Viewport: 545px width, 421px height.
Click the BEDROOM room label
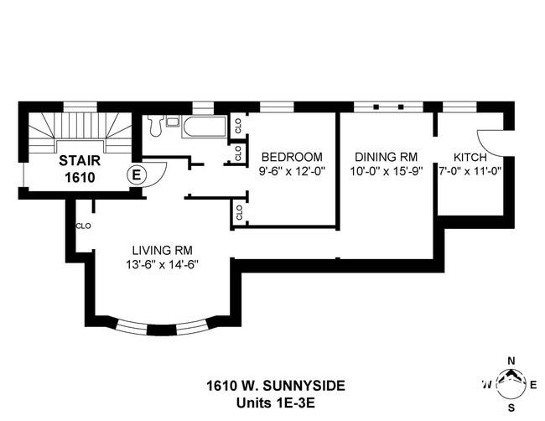(292, 157)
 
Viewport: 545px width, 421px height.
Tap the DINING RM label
(386, 157)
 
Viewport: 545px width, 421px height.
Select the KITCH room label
(470, 157)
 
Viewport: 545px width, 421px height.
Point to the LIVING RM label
(163, 250)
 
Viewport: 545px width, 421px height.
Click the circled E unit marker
(134, 174)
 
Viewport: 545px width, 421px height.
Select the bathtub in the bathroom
(205, 128)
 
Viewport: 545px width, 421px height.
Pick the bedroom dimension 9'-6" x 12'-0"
(292, 170)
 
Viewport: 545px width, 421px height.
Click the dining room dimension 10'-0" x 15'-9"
(386, 170)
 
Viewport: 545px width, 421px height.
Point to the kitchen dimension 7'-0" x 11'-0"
(470, 170)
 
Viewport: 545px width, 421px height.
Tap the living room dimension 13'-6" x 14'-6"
(163, 264)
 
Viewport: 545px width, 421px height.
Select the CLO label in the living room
(83, 226)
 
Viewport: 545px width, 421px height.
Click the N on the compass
(511, 362)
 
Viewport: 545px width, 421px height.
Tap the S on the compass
(511, 408)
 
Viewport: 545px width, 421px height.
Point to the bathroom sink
(172, 122)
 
